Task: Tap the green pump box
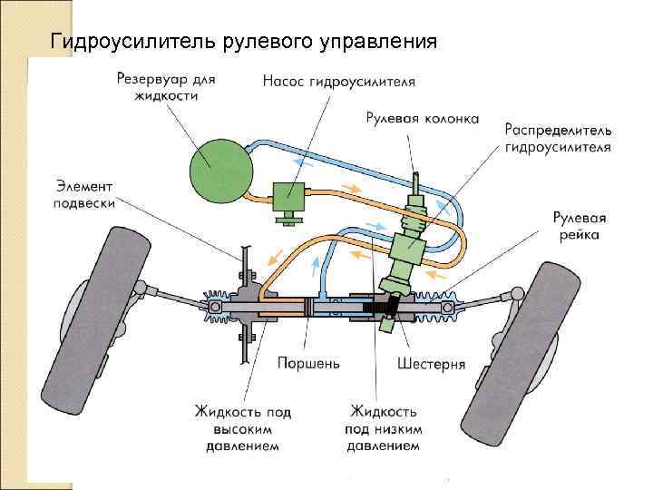point(290,193)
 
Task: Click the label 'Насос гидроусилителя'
point(339,82)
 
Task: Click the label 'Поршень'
point(309,364)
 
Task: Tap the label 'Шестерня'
point(432,364)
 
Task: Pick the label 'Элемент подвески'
point(85,194)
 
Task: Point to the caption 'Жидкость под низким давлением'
point(383,426)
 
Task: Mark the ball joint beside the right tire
point(515,293)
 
